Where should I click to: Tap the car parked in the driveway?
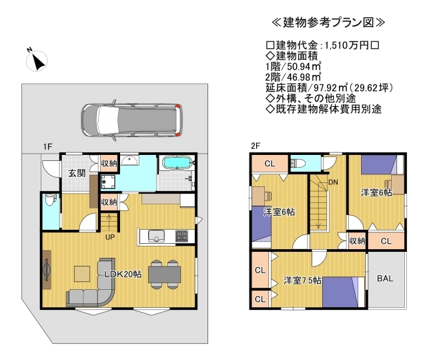click(x=132, y=120)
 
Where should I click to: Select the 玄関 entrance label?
click(x=77, y=173)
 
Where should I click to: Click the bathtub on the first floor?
click(x=177, y=163)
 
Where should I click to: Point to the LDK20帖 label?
click(x=123, y=274)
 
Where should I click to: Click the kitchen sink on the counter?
click(x=156, y=236)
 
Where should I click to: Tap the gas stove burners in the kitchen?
click(x=181, y=236)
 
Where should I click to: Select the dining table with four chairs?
click(x=165, y=275)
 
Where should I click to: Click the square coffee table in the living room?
click(x=82, y=274)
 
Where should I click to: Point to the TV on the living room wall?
click(x=47, y=270)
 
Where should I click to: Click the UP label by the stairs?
click(x=110, y=237)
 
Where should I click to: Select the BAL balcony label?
click(x=385, y=279)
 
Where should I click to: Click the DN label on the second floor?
click(x=333, y=182)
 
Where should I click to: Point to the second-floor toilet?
click(x=298, y=164)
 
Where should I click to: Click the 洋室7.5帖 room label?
click(x=302, y=281)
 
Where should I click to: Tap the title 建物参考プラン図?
click(x=328, y=23)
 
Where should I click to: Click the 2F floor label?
click(x=256, y=146)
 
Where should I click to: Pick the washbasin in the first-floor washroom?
click(x=130, y=160)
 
